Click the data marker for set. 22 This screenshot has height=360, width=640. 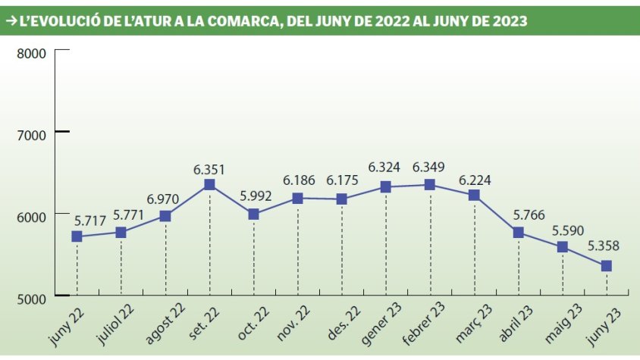point(209,185)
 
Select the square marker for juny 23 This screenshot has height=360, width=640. point(607,266)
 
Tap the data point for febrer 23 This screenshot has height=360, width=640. point(430,184)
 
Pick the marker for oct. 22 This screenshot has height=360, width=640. point(253,214)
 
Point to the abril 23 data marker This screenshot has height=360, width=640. point(519,233)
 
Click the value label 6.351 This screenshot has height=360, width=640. point(209,169)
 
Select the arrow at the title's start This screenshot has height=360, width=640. point(12,21)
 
